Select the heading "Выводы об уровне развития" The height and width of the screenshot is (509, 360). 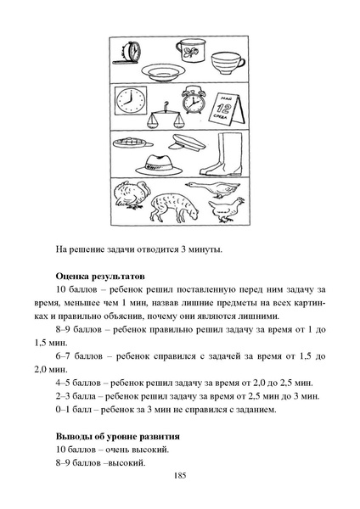pos(117,435)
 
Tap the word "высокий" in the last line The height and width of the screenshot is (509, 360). pos(126,462)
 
